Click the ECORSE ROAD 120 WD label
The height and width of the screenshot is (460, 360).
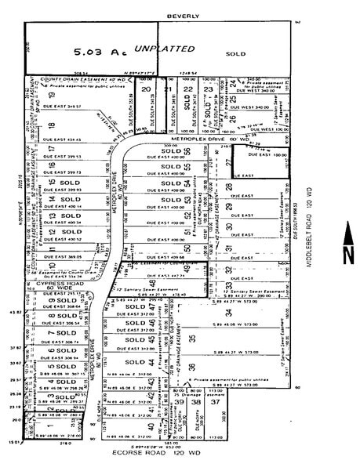[x=167, y=451]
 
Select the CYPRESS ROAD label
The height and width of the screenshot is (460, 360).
[x=49, y=284]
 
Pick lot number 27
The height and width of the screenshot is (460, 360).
[x=228, y=163]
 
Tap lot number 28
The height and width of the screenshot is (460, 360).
[x=228, y=187]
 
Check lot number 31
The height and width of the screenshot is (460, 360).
[x=228, y=249]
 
